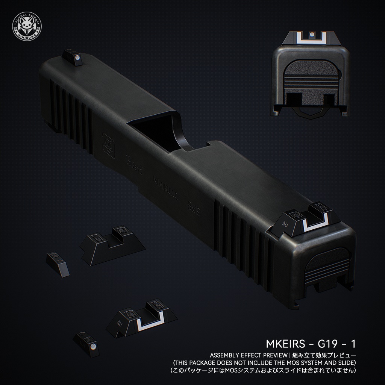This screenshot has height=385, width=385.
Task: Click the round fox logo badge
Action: pyautogui.click(x=26, y=26)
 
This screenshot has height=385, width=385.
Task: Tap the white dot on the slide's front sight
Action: pyautogui.click(x=77, y=58)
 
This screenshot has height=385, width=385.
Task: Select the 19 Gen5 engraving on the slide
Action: pyautogui.click(x=134, y=165)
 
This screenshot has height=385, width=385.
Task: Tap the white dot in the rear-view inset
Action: pyautogui.click(x=311, y=35)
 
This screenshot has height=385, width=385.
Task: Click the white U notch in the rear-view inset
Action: pyautogui.click(x=311, y=39)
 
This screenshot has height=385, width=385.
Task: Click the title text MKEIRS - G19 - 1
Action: pyautogui.click(x=311, y=344)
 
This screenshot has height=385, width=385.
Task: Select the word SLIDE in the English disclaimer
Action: pyautogui.click(x=344, y=363)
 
